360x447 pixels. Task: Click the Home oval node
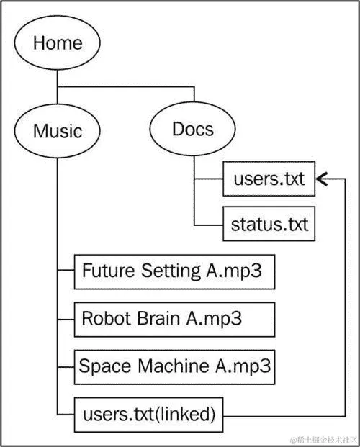click(x=57, y=43)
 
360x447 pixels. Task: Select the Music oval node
click(x=57, y=131)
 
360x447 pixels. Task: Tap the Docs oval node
click(x=193, y=129)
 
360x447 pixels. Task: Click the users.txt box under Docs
click(x=269, y=180)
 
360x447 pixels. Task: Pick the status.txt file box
click(x=269, y=224)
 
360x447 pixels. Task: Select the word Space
click(x=105, y=366)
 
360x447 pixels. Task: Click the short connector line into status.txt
click(x=209, y=224)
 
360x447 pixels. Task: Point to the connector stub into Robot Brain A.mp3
click(x=66, y=318)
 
